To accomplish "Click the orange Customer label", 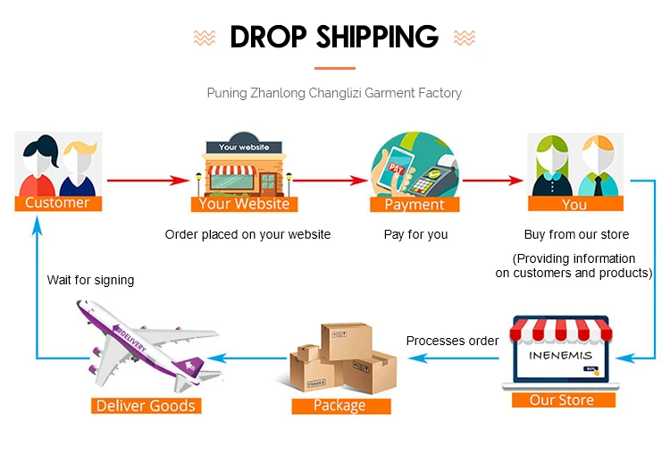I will pyautogui.click(x=57, y=203).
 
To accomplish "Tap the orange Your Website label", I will pyautogui.click(x=244, y=204).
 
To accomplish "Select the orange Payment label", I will pyautogui.click(x=415, y=205).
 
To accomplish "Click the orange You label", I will pyautogui.click(x=574, y=205).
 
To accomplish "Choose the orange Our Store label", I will pyautogui.click(x=562, y=400).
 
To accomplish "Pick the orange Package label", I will pyautogui.click(x=339, y=406).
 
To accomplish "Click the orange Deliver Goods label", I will pyautogui.click(x=145, y=406).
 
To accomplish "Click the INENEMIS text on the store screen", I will pyautogui.click(x=561, y=356).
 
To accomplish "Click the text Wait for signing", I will pyautogui.click(x=90, y=280).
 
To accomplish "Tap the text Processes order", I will pyautogui.click(x=452, y=341).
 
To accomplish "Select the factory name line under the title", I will pyautogui.click(x=334, y=93).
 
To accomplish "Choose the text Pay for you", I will pyautogui.click(x=415, y=234).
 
